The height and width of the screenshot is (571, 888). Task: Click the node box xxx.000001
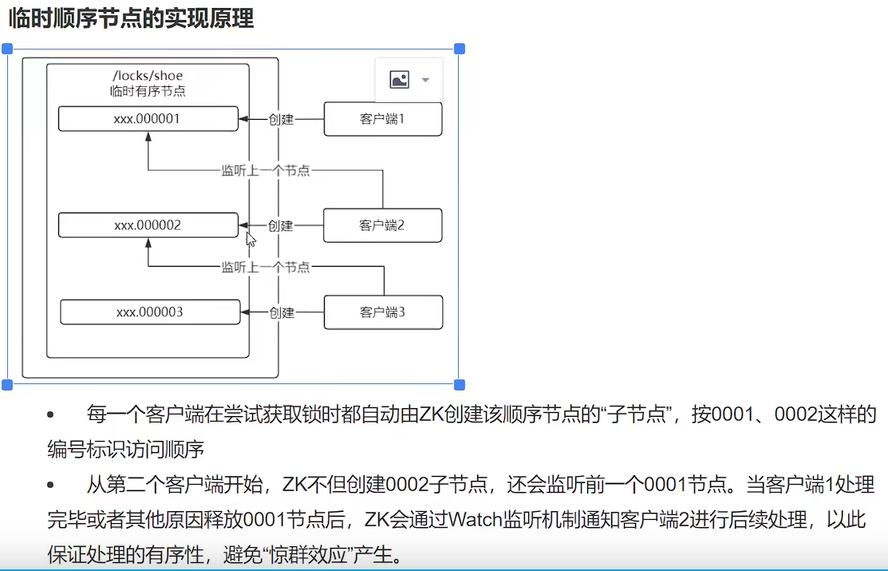pyautogui.click(x=148, y=118)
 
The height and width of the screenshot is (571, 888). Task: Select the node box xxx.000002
pyautogui.click(x=148, y=225)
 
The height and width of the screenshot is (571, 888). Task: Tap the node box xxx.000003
pyautogui.click(x=150, y=311)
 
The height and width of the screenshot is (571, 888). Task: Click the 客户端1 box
pyautogui.click(x=382, y=119)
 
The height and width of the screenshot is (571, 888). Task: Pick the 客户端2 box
pyautogui.click(x=382, y=225)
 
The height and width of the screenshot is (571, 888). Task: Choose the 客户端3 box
pyautogui.click(x=383, y=312)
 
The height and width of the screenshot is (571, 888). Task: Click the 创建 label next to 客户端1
pyautogui.click(x=281, y=120)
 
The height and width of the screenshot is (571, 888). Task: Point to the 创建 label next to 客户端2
pyautogui.click(x=281, y=226)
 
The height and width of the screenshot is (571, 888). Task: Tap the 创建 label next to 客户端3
pyautogui.click(x=282, y=312)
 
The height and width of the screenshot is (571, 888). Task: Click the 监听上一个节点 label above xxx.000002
pyautogui.click(x=266, y=170)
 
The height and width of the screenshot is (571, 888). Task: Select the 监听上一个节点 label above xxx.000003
pyautogui.click(x=266, y=268)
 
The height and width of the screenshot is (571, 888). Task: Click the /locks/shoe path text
pyautogui.click(x=148, y=76)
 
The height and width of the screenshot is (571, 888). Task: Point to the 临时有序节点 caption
pyautogui.click(x=148, y=91)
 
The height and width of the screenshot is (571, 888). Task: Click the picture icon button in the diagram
pyautogui.click(x=399, y=79)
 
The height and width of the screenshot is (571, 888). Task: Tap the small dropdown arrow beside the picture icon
pyautogui.click(x=425, y=80)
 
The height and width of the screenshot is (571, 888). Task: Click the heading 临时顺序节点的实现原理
pyautogui.click(x=131, y=18)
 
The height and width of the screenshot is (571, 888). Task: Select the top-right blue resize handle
pyautogui.click(x=460, y=49)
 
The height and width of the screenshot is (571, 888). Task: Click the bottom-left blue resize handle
pyautogui.click(x=8, y=385)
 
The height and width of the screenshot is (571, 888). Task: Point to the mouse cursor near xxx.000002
pyautogui.click(x=250, y=238)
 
